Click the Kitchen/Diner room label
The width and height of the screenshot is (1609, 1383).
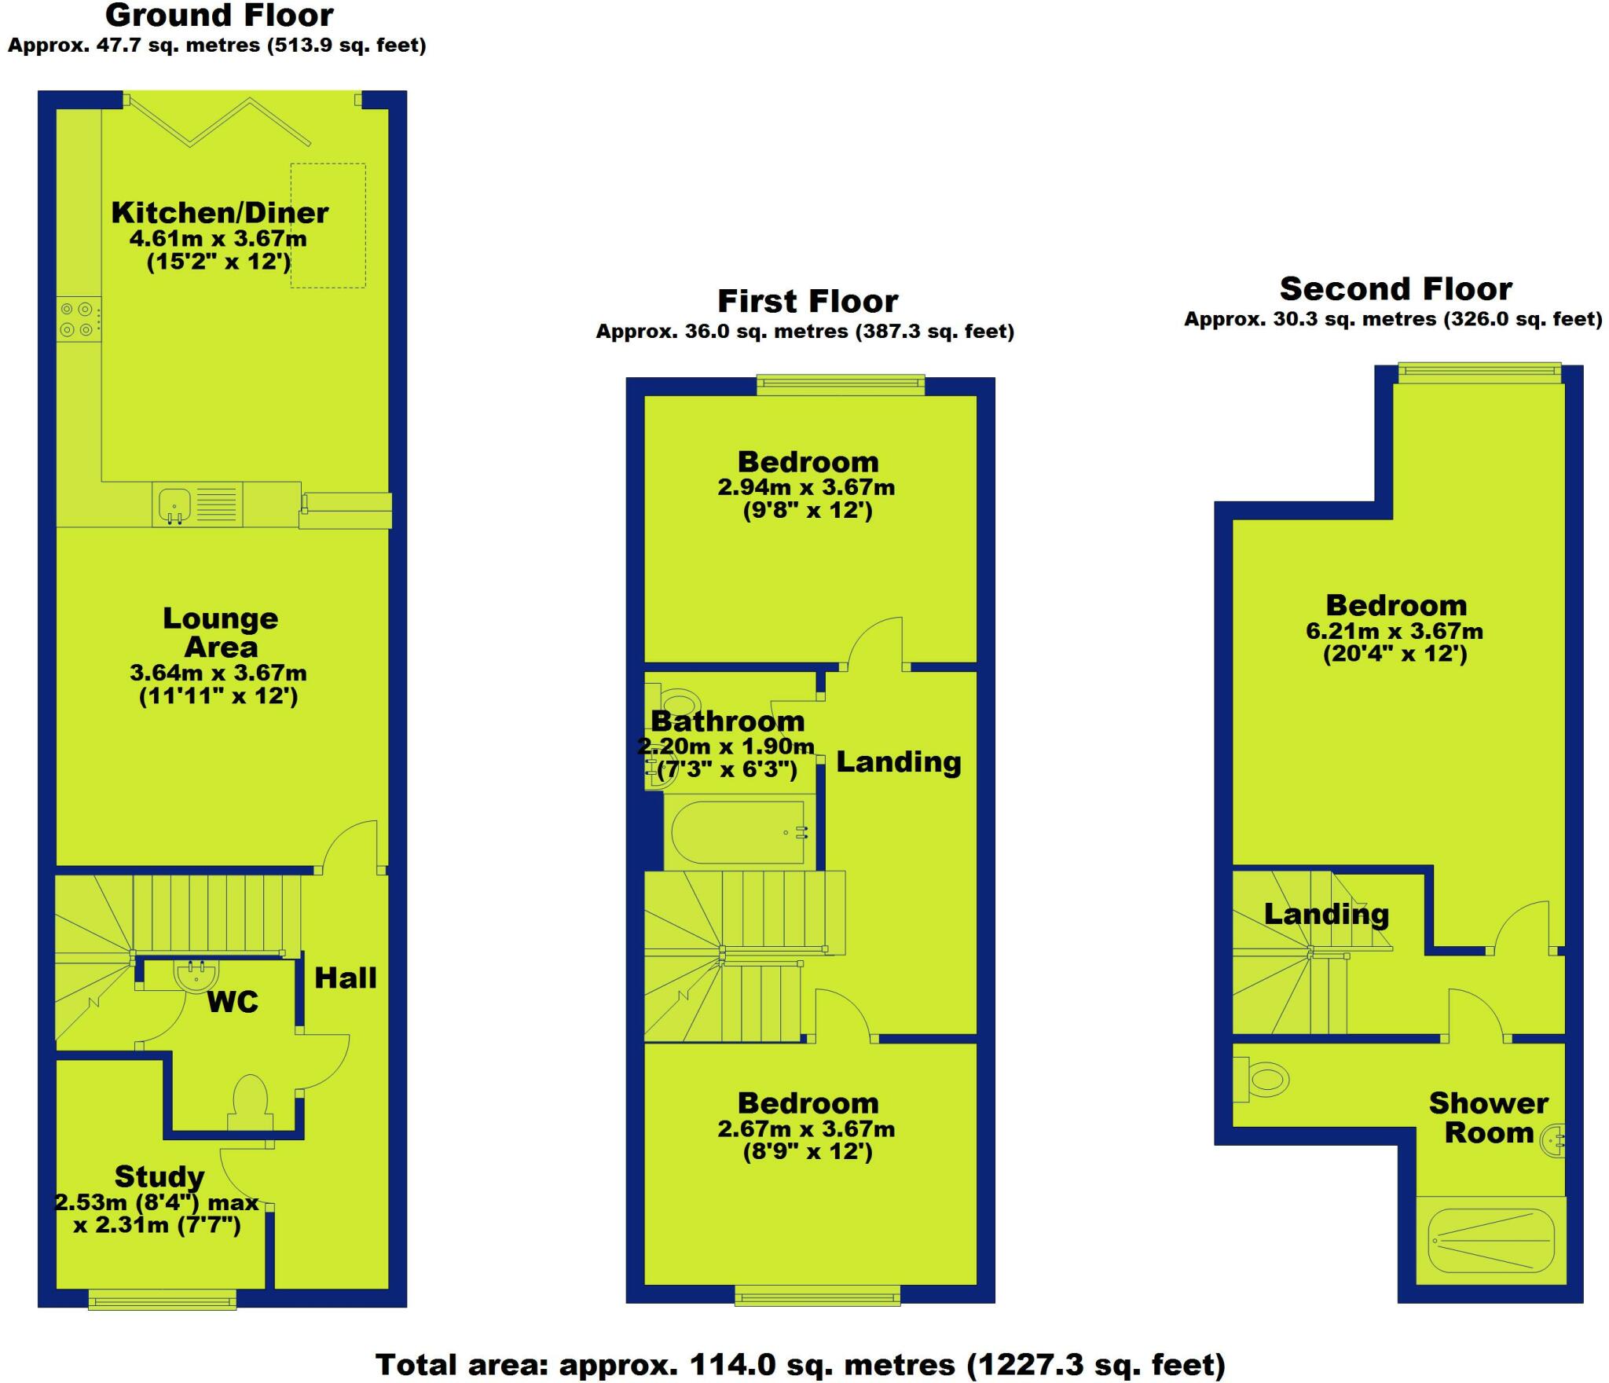pyautogui.click(x=219, y=213)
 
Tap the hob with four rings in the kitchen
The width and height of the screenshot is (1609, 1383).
pyautogui.click(x=79, y=319)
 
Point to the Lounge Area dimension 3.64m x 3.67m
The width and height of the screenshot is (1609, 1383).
pyautogui.click(x=218, y=673)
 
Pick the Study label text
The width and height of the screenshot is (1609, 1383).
pyautogui.click(x=159, y=1176)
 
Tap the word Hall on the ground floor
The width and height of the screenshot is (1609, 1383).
pyautogui.click(x=346, y=978)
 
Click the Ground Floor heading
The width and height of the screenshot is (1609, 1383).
pyautogui.click(x=219, y=16)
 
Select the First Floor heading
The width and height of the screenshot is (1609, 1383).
pyautogui.click(x=808, y=302)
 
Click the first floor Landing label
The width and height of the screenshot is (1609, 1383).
pyautogui.click(x=898, y=762)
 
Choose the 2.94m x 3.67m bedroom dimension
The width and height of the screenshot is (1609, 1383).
pyautogui.click(x=806, y=488)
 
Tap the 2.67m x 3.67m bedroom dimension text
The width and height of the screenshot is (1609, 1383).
pyautogui.click(x=806, y=1129)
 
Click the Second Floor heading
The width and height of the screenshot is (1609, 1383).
pyautogui.click(x=1395, y=289)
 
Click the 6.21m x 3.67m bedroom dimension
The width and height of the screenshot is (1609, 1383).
pyautogui.click(x=1395, y=631)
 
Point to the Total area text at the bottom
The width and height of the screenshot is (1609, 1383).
pyautogui.click(x=800, y=1365)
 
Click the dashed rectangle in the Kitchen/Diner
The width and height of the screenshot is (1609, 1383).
pyautogui.click(x=328, y=226)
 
